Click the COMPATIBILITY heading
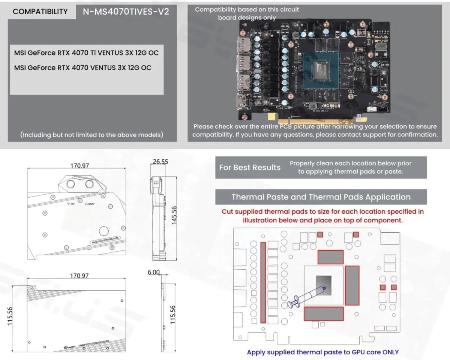(40, 12)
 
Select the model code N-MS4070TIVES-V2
(126, 12)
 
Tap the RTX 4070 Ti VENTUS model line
(86, 53)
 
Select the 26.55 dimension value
(160, 162)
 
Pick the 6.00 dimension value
(154, 272)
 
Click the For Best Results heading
(250, 167)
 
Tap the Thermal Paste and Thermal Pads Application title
(321, 197)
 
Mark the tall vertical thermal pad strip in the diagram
(263, 282)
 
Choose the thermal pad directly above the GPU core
(330, 257)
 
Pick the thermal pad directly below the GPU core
(324, 313)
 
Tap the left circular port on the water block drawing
(70, 184)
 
